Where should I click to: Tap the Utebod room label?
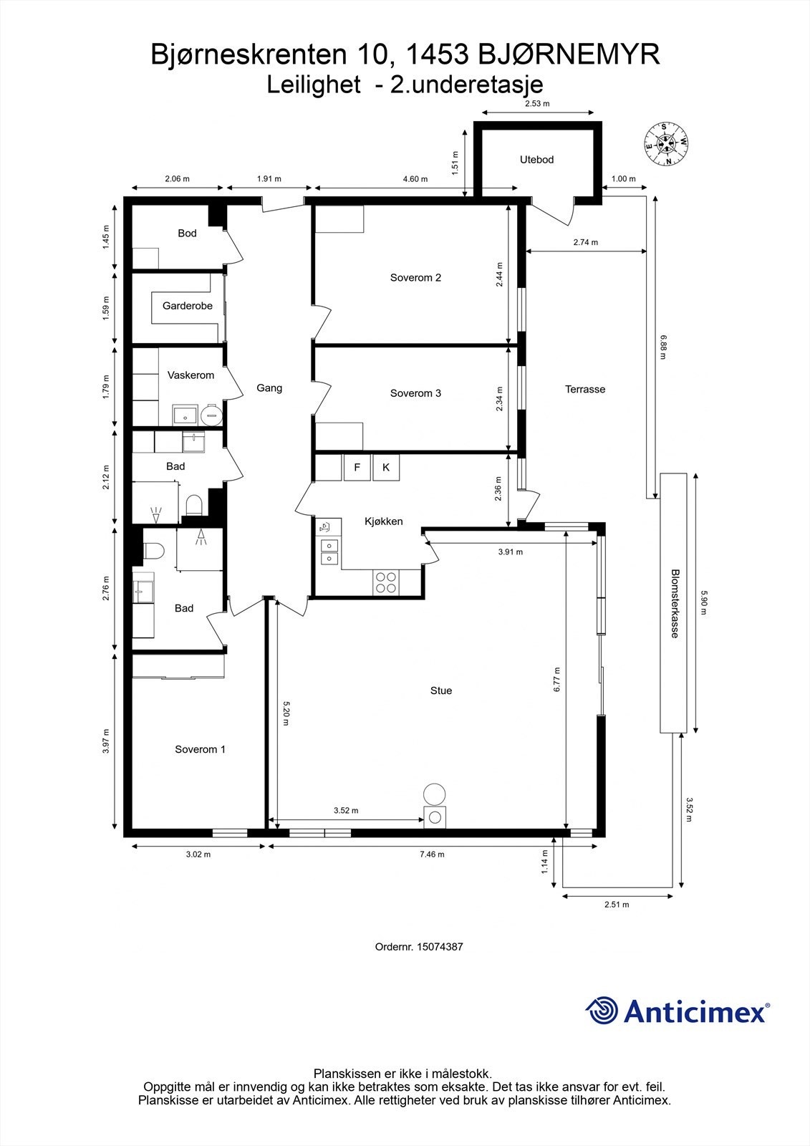[536, 160]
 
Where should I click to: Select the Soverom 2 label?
[415, 277]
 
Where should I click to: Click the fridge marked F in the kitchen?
[357, 468]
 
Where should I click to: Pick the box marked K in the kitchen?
[386, 468]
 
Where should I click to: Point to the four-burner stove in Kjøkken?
[387, 582]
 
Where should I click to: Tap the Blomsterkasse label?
[674, 603]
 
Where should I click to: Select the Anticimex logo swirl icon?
[602, 1011]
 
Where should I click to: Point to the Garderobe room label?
[187, 306]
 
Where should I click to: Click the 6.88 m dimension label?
[664, 347]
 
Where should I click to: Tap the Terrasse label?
[585, 389]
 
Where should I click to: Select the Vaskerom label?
[191, 375]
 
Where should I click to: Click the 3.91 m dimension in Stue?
[510, 552]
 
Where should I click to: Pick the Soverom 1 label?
[200, 749]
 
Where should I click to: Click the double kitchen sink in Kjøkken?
[329, 552]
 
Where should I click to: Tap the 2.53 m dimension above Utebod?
[537, 104]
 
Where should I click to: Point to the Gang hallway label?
[269, 387]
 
